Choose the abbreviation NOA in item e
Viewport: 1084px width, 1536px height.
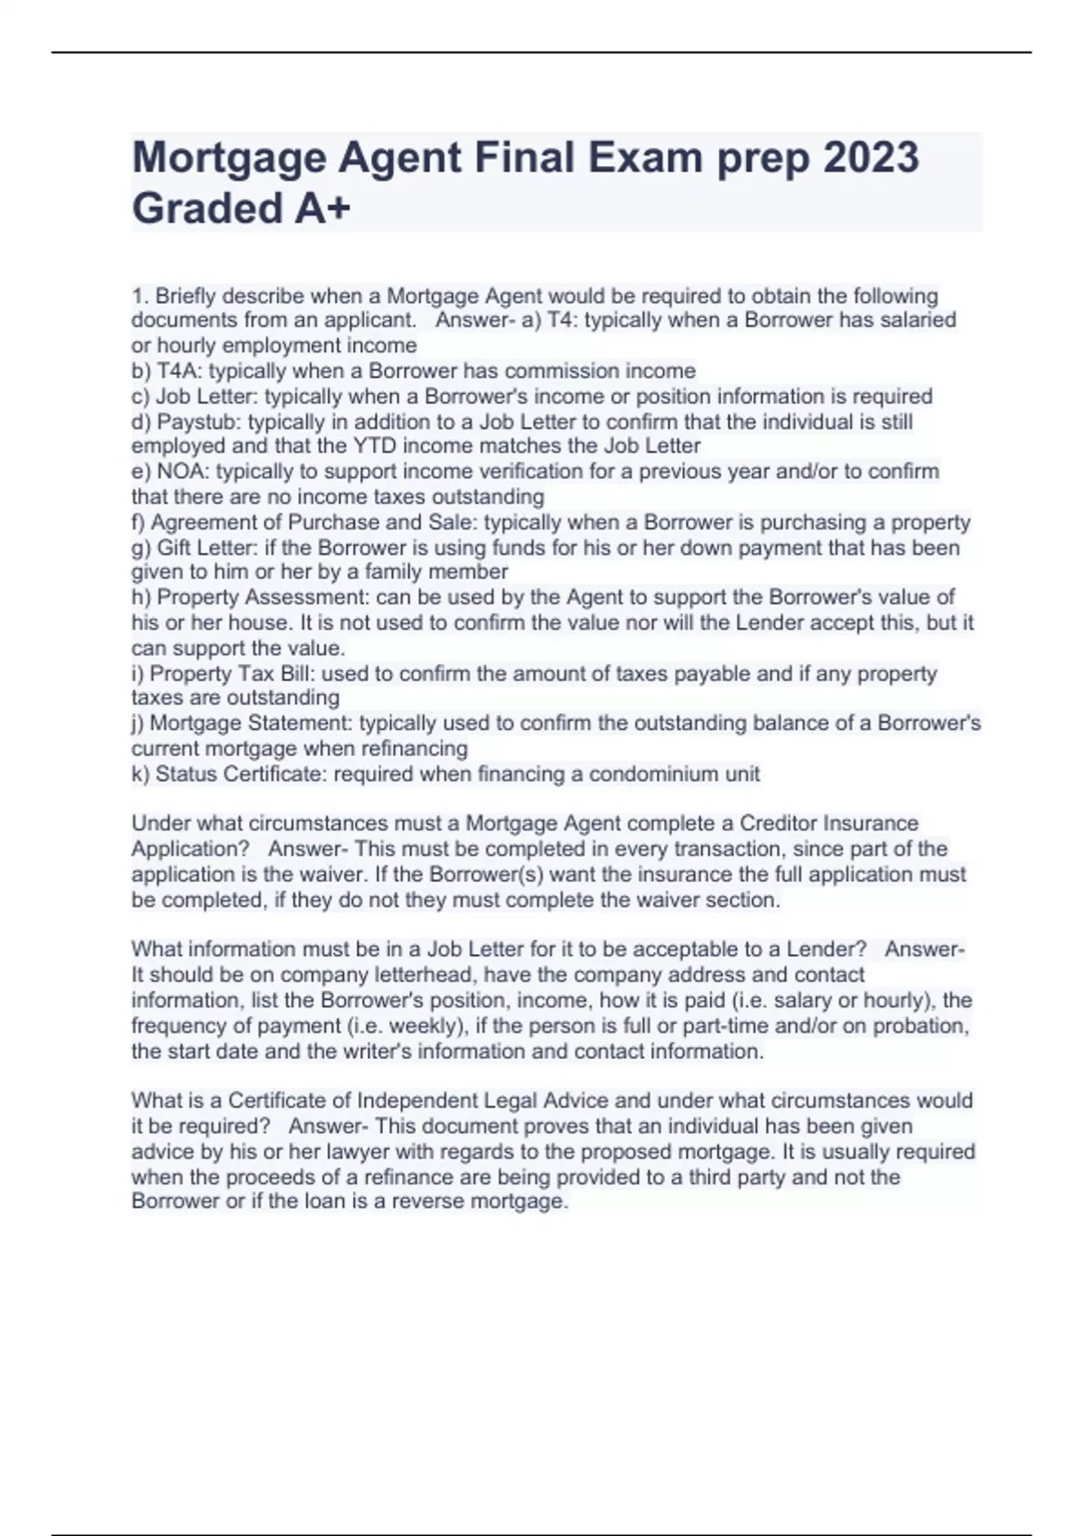tap(183, 472)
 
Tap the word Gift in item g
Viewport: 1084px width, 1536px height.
tap(175, 548)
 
